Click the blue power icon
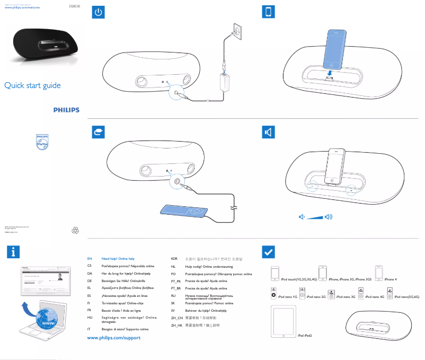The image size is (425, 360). [x=99, y=13]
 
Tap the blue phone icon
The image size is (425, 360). [x=269, y=13]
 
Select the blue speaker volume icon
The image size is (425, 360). [x=269, y=132]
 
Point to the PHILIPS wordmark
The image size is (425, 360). [x=66, y=110]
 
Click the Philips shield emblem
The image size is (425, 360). [x=42, y=142]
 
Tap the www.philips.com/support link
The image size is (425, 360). [x=113, y=338]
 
